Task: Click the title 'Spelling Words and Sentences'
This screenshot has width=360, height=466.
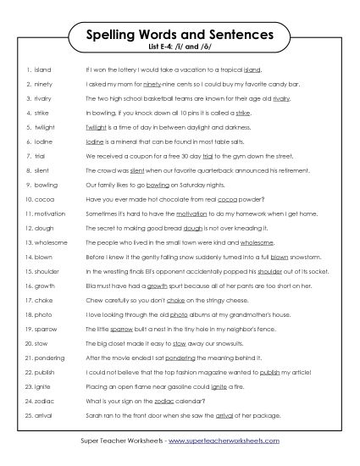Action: [x=180, y=36]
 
